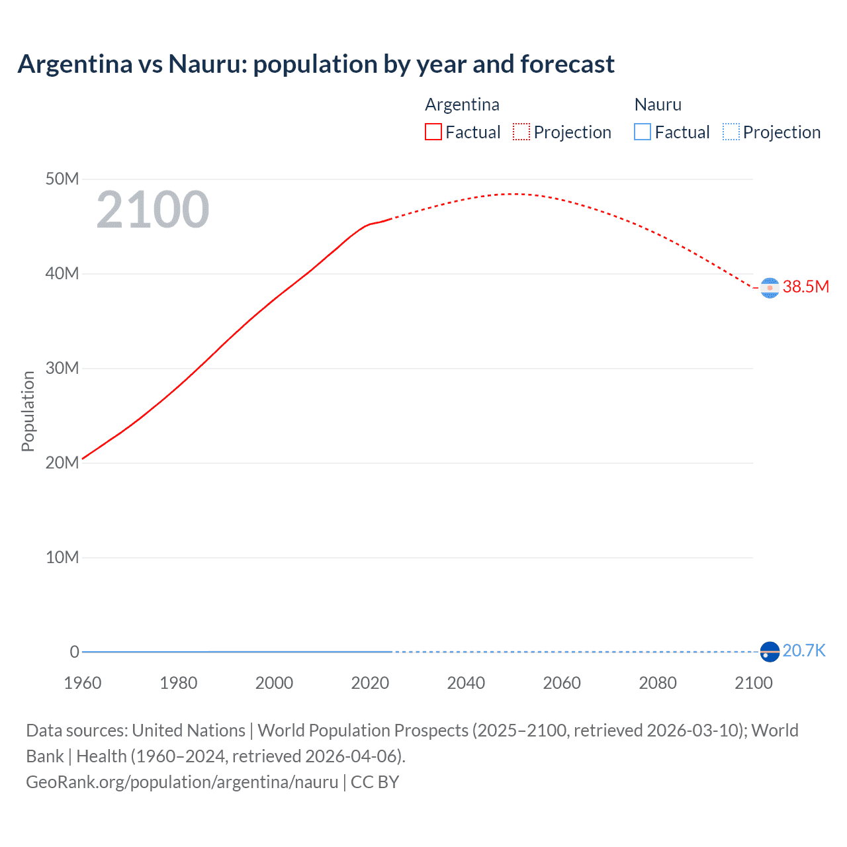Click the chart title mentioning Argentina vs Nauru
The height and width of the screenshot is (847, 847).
click(x=316, y=64)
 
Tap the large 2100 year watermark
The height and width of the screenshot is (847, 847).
click(x=153, y=210)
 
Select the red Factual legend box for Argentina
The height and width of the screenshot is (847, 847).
click(x=433, y=132)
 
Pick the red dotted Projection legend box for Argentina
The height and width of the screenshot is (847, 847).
click(x=521, y=132)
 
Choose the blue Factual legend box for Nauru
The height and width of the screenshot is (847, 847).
click(x=642, y=132)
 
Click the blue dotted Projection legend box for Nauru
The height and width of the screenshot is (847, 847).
click(x=731, y=132)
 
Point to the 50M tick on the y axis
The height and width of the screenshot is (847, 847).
click(x=62, y=179)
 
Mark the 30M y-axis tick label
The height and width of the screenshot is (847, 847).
click(x=62, y=369)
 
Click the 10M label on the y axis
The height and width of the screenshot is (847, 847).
click(x=62, y=558)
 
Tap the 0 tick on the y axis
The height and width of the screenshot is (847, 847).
click(x=74, y=652)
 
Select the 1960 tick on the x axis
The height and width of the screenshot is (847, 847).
click(x=83, y=683)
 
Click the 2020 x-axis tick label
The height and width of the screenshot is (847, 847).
click(x=370, y=683)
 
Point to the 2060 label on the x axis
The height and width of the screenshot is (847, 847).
click(x=562, y=683)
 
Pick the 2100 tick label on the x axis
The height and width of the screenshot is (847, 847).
click(x=753, y=683)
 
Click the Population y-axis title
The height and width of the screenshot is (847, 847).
click(x=28, y=411)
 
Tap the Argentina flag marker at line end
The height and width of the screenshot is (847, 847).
click(x=770, y=288)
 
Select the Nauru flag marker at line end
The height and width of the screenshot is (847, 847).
click(x=770, y=652)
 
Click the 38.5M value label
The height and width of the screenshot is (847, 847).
click(x=805, y=287)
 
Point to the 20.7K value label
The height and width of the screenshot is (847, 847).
click(x=803, y=651)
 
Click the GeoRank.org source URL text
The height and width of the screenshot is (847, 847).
click(x=182, y=782)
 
